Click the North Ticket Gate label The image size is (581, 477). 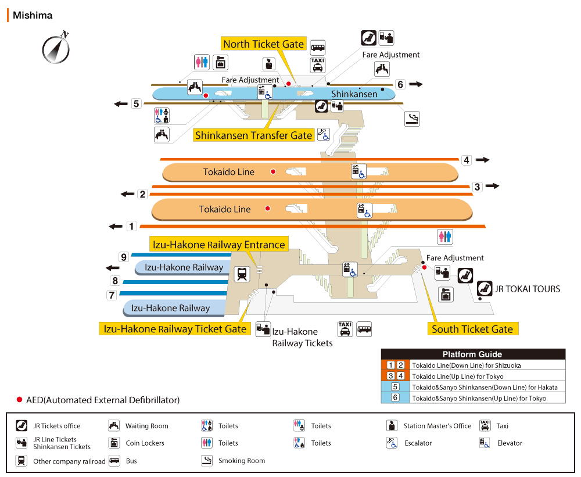coord(263,44)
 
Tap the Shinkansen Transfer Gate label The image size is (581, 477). coord(254,135)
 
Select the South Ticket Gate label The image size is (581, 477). coord(472,329)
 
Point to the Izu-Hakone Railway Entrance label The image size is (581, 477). coord(218,245)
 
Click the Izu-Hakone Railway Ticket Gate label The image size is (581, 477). coord(175,328)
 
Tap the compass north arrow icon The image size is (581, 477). coord(56,49)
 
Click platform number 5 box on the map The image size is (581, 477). coord(136,104)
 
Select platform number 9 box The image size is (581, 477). coord(123,257)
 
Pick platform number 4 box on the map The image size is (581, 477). coord(467,160)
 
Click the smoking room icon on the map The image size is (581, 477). coord(413,119)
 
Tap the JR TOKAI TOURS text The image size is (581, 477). coord(528,289)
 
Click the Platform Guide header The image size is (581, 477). coord(472,354)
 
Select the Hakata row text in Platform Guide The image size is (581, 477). coord(485,387)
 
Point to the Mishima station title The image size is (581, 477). coord(33,16)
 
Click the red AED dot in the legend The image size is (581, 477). coord(19,400)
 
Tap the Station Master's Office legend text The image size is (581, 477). coord(437,426)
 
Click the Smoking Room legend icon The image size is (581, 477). coord(207,461)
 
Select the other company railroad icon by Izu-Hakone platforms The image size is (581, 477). coord(242,274)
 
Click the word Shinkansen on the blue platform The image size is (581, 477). coord(354,94)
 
